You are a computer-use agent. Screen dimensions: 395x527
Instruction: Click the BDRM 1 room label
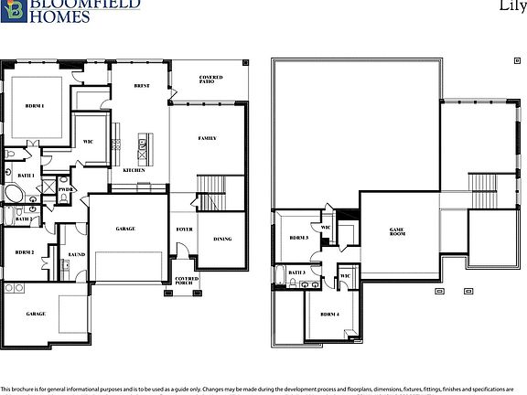tap(35, 107)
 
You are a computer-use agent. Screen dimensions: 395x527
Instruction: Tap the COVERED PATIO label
tap(210, 80)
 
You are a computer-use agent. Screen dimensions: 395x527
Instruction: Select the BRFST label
tap(142, 85)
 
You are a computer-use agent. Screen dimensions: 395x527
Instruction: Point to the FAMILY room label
tap(208, 138)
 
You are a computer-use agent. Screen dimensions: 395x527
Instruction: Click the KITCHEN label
tap(134, 170)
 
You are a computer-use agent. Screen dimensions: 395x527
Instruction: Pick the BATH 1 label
tap(26, 175)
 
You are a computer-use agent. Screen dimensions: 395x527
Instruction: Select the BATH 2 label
tap(24, 219)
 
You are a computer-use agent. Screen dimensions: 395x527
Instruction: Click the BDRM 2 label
tap(25, 251)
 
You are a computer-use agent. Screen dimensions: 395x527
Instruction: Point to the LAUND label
tap(77, 255)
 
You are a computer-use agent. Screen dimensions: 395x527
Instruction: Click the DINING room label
tap(222, 240)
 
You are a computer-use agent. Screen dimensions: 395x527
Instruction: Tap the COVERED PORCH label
tap(187, 282)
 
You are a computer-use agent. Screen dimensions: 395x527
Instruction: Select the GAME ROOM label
tap(397, 233)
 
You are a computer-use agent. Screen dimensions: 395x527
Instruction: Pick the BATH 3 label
tap(296, 272)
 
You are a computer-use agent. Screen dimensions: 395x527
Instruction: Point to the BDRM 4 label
tap(330, 315)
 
